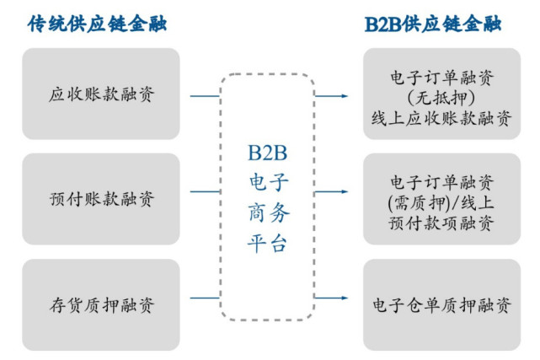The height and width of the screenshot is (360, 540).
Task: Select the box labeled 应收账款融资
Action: (101, 94)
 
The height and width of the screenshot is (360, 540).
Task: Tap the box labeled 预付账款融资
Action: (101, 200)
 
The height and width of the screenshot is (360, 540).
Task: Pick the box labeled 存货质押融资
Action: (101, 304)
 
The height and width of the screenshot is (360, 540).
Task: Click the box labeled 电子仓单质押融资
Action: (441, 304)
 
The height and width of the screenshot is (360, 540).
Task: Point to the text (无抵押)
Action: (441, 98)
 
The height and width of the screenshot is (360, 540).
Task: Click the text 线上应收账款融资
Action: (441, 119)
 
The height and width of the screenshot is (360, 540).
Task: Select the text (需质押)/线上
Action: (441, 202)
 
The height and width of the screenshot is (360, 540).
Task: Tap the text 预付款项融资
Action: (441, 223)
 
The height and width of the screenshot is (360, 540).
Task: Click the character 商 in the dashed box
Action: (257, 213)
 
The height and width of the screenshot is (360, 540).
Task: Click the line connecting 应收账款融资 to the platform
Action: (206, 95)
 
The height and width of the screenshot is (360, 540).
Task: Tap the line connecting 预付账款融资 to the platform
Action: (206, 201)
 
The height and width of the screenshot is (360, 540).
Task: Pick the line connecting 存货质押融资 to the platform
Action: (206, 298)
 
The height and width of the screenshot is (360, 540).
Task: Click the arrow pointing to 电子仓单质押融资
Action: (334, 298)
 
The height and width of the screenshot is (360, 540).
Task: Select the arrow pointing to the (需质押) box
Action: (334, 201)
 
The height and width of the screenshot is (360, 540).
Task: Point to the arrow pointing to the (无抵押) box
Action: (334, 95)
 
